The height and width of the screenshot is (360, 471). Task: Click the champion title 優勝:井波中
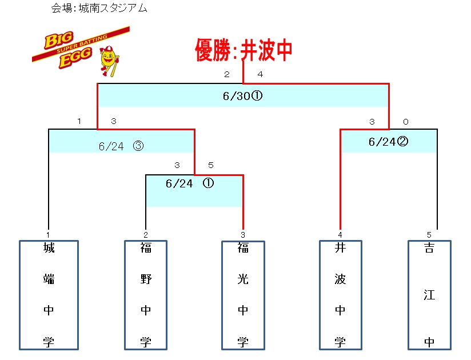tap(244, 50)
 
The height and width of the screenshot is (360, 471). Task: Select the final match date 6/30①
tap(242, 96)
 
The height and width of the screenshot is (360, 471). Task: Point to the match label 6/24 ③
tap(121, 146)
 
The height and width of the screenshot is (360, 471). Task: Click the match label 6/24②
tap(388, 142)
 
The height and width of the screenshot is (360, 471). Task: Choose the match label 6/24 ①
tap(189, 183)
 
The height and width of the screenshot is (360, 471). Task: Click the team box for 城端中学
tap(49, 295)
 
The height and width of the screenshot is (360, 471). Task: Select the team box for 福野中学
tap(146, 295)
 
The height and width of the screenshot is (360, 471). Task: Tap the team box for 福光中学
tap(243, 295)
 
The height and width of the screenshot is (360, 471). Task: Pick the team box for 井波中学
tap(341, 295)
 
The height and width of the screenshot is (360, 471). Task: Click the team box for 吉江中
tap(429, 295)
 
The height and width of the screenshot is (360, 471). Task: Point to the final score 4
tap(260, 74)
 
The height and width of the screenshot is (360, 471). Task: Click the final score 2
tap(226, 74)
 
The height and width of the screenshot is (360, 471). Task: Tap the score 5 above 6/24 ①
tap(211, 166)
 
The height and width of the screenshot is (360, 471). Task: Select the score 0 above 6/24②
tap(405, 121)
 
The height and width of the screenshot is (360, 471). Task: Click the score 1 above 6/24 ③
tap(79, 121)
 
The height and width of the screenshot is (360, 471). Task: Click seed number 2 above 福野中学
tap(146, 235)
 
